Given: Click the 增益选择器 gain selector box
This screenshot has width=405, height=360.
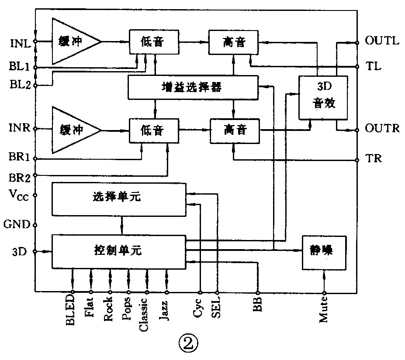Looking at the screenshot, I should (x=192, y=87).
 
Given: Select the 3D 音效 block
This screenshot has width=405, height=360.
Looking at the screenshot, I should (x=323, y=97).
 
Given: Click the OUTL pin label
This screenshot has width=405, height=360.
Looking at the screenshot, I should (x=382, y=41).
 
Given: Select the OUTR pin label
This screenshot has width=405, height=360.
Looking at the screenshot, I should (x=382, y=129).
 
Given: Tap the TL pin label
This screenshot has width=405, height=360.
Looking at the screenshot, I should (x=374, y=66).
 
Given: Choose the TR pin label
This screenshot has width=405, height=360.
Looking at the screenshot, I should (x=374, y=158).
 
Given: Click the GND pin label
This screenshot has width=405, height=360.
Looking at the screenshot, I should (x=17, y=225).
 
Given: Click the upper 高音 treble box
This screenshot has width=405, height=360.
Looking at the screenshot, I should (x=234, y=42).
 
